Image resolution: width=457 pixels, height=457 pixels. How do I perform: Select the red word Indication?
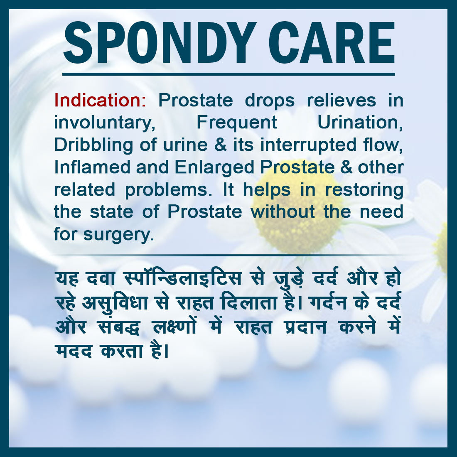tap(100, 100)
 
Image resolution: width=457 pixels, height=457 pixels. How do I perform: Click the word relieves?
tap(341, 100)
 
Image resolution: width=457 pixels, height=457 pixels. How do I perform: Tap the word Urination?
tap(360, 123)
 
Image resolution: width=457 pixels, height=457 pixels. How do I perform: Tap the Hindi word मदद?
tap(74, 351)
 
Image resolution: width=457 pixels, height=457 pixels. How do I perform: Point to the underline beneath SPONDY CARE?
tap(228, 74)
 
